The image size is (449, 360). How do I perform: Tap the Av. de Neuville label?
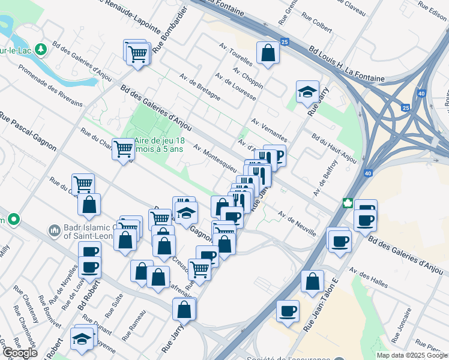(x=297, y=224)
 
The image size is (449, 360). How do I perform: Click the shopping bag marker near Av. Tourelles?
(x=268, y=52)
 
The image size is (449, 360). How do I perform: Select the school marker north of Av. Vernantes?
(x=307, y=92)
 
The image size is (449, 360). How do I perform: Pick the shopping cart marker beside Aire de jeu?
(x=123, y=148)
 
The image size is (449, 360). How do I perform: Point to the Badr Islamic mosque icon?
(x=54, y=230)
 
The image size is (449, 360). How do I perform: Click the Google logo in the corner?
(x=20, y=353)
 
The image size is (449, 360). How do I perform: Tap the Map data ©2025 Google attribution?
(x=412, y=355)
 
